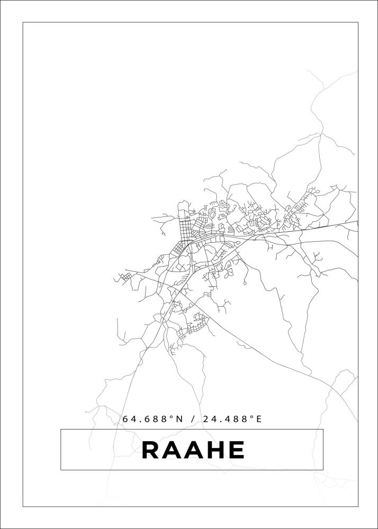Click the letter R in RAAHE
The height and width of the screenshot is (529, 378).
click(151, 450)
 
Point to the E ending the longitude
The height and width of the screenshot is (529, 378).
click(259, 419)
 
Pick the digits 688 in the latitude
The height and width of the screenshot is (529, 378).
click(155, 419)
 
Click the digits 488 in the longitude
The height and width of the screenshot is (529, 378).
click(236, 419)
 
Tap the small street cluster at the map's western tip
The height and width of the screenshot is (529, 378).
click(126, 276)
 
